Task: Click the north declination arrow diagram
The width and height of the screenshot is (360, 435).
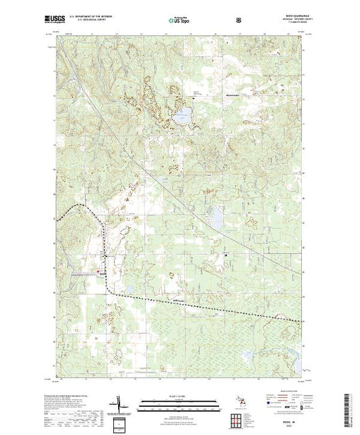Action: (x=118, y=403)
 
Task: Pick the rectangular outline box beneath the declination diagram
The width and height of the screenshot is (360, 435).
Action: (x=120, y=423)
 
